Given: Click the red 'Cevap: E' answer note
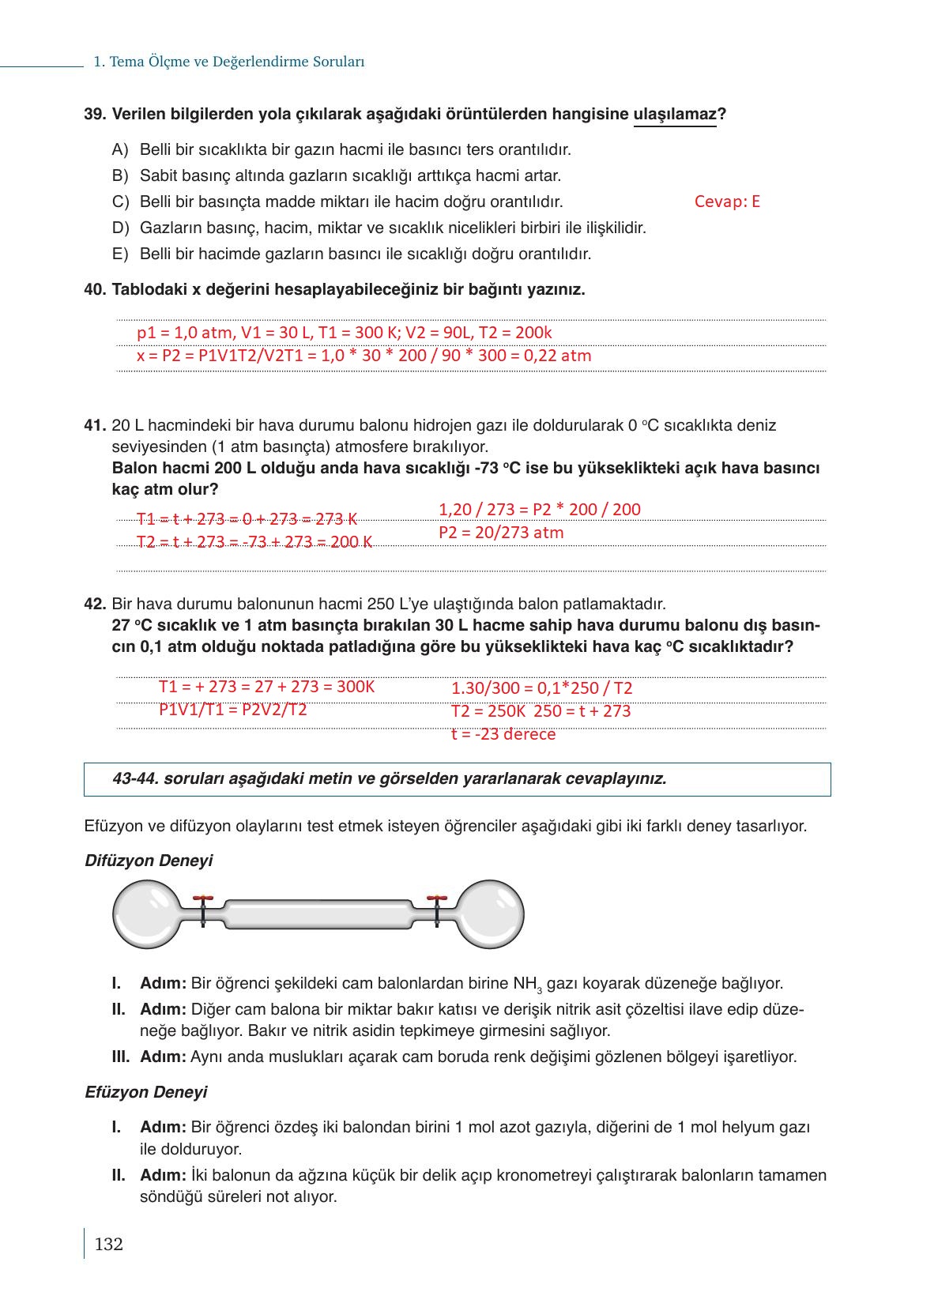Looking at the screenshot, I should pyautogui.click(x=726, y=202).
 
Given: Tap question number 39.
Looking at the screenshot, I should pyautogui.click(x=95, y=114).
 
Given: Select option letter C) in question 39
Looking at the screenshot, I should pyautogui.click(x=120, y=202).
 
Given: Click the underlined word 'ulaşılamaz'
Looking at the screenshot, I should pyautogui.click(x=676, y=114).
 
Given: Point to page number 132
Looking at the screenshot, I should pyautogui.click(x=108, y=1245).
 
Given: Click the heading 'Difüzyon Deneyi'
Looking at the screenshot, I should pyautogui.click(x=149, y=861).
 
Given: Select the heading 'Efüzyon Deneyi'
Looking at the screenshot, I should pyautogui.click(x=145, y=1092).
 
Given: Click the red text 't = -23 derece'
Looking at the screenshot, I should pyautogui.click(x=503, y=734).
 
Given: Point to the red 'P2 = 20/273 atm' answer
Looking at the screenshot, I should pyautogui.click(x=501, y=533).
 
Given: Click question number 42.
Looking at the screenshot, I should pyautogui.click(x=95, y=604).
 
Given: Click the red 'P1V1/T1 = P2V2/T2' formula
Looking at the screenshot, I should pyautogui.click(x=232, y=709).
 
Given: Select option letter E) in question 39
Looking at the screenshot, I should pyautogui.click(x=120, y=254).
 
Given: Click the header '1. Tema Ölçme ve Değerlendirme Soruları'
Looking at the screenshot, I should pyautogui.click(x=228, y=62).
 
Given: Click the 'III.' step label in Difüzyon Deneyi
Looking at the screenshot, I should pyautogui.click(x=120, y=1057).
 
